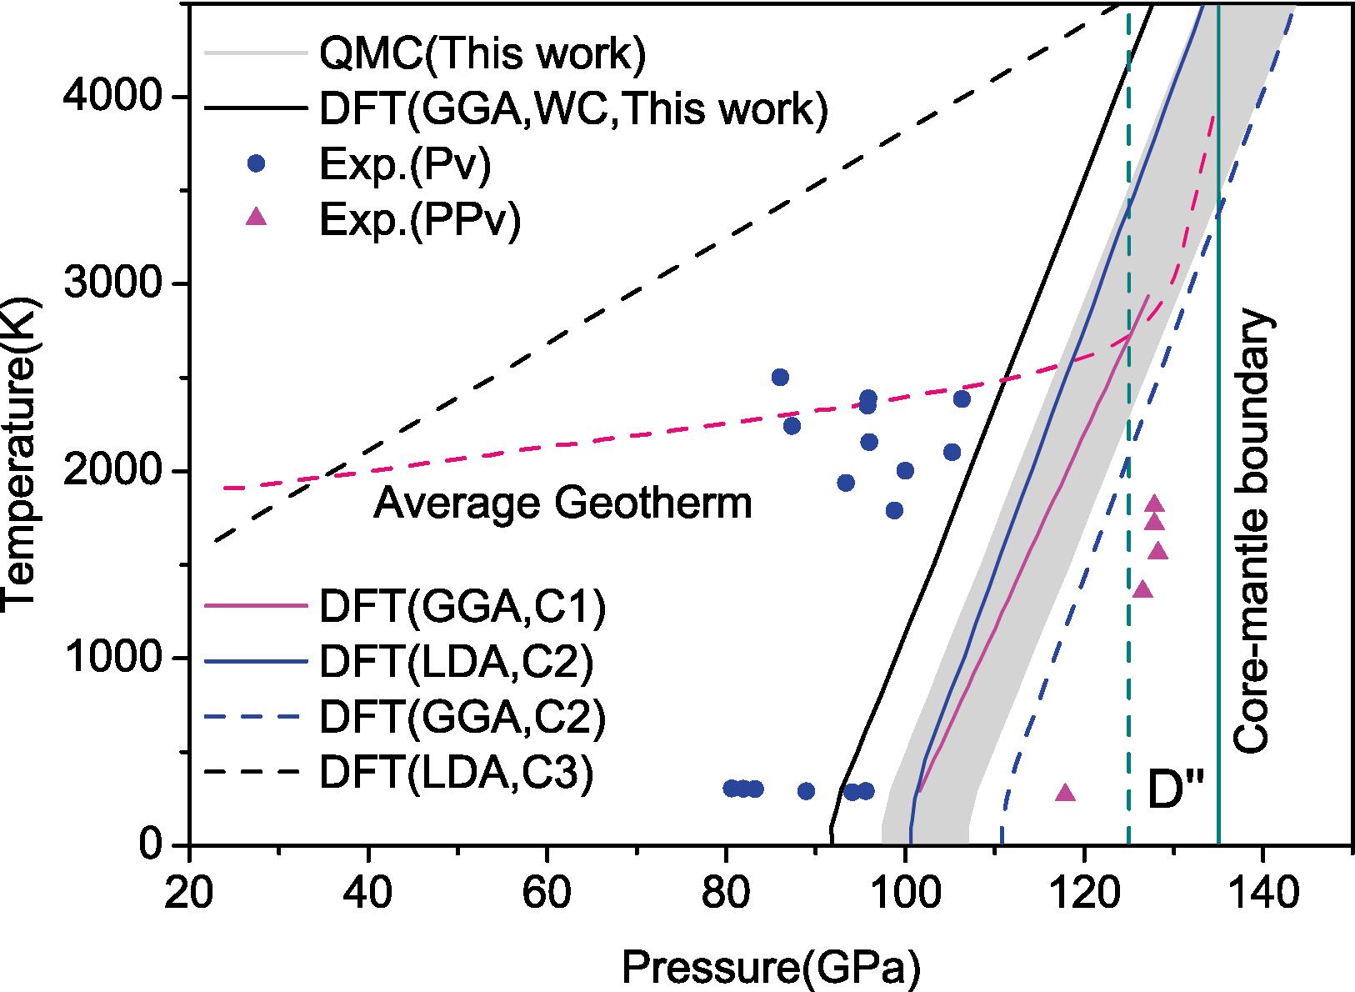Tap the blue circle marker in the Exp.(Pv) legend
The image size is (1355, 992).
coord(258,163)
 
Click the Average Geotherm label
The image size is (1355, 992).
coord(562,504)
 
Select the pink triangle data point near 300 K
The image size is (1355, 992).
coord(1065,793)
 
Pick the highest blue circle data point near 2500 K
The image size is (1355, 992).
coord(780,377)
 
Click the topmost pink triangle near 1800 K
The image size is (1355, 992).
coord(1154,504)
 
